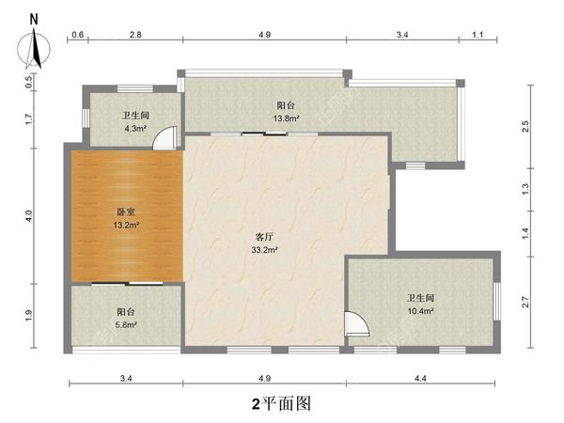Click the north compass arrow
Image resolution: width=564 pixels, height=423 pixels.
[35, 47]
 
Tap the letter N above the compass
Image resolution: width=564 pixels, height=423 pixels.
[35, 18]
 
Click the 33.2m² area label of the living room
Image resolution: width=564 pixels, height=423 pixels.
[265, 251]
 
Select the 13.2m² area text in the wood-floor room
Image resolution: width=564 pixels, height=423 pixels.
[128, 226]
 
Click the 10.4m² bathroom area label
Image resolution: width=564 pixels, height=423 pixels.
[420, 310]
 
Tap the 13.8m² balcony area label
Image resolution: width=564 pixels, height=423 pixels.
[287, 119]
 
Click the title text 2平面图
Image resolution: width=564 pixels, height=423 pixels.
[280, 403]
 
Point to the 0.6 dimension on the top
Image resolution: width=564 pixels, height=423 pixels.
[77, 35]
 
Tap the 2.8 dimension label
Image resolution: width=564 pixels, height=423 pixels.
[135, 35]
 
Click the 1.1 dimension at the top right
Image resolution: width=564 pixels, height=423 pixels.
[477, 35]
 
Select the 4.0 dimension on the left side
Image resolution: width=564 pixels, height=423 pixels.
[30, 215]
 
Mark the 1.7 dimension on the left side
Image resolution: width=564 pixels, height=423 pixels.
[30, 118]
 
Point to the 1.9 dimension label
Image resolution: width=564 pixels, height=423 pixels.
[30, 315]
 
